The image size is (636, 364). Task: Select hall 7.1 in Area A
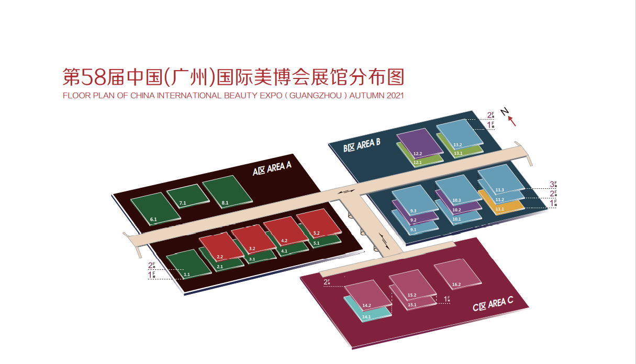coord(185,195)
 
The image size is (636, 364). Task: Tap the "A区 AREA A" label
coord(272,168)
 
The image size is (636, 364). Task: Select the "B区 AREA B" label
coord(362,145)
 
